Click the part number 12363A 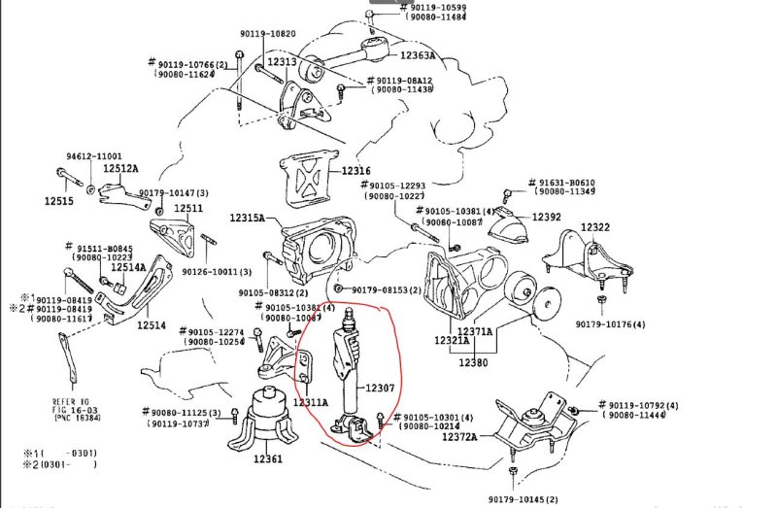(419, 55)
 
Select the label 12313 (283, 62)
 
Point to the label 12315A (248, 220)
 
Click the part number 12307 (381, 387)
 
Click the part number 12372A (460, 437)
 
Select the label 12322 (596, 227)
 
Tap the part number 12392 (547, 217)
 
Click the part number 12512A (121, 168)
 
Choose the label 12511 (188, 208)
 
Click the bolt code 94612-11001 (94, 155)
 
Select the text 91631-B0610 (567, 183)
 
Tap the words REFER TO (71, 400)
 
